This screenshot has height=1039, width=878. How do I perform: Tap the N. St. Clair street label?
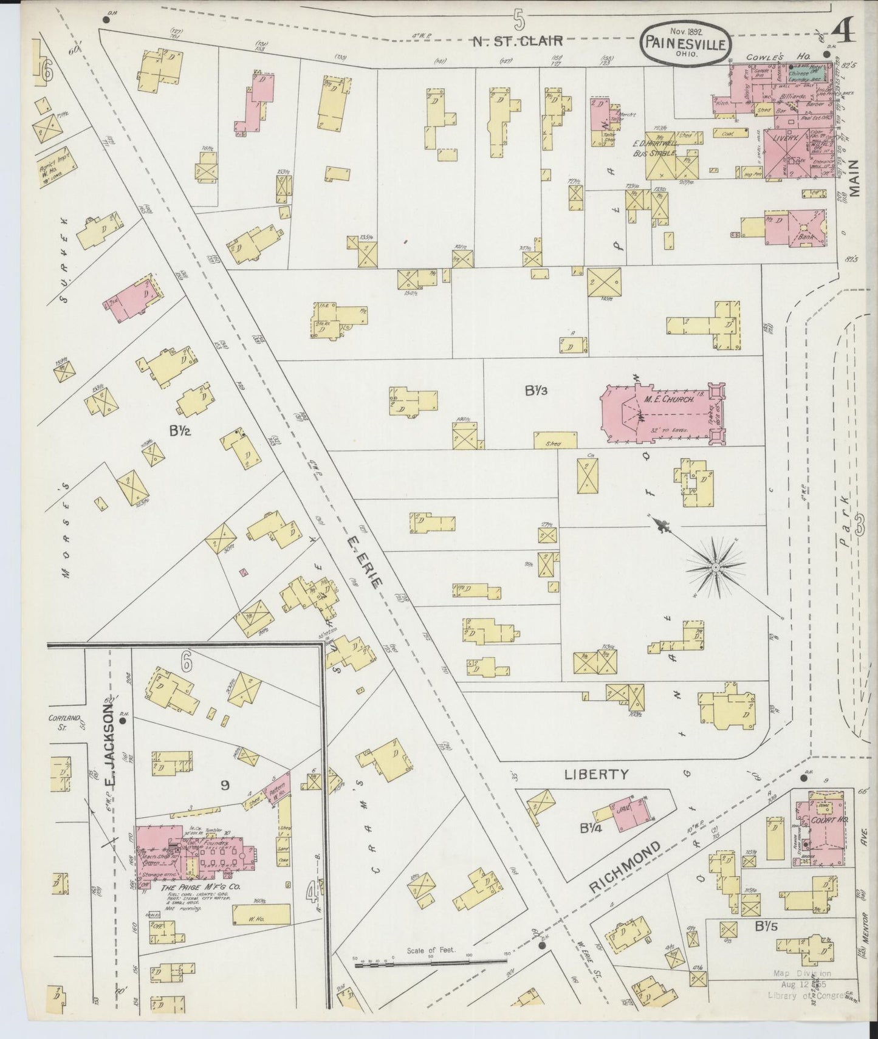[x=518, y=41]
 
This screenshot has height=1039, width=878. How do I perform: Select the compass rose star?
[x=715, y=566]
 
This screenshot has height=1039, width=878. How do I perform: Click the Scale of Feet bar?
[x=431, y=961]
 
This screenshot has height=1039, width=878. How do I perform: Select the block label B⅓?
[x=537, y=392]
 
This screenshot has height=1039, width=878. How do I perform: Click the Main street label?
[x=856, y=179]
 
